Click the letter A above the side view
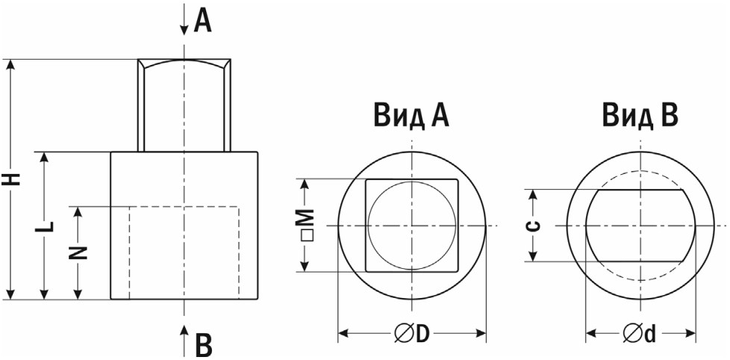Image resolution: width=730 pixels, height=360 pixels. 202,22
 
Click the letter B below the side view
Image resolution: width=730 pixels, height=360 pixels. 203,345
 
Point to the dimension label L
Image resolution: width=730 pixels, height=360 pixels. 46,226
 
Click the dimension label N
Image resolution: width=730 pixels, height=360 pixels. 79,252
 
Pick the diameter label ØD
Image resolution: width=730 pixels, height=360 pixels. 411,333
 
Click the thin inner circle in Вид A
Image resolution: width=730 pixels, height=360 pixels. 368,226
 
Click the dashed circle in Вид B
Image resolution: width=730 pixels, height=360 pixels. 640,171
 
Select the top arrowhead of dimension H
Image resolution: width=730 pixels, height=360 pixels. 10,66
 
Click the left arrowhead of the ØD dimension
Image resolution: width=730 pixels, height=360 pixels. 343,333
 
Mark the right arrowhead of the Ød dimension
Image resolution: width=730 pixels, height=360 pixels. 690,333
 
